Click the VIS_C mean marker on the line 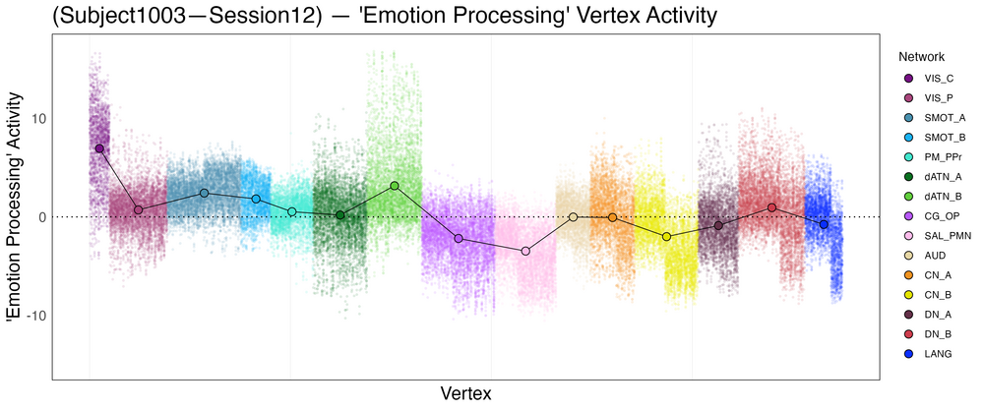(99, 148)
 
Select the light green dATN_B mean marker (395, 186)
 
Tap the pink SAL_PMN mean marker (525, 252)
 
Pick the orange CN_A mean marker (612, 217)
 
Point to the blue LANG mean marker (824, 225)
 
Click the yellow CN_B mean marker (666, 237)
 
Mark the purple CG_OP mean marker (459, 239)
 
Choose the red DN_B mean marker (772, 207)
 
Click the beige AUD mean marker (573, 217)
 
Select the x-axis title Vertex (466, 393)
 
